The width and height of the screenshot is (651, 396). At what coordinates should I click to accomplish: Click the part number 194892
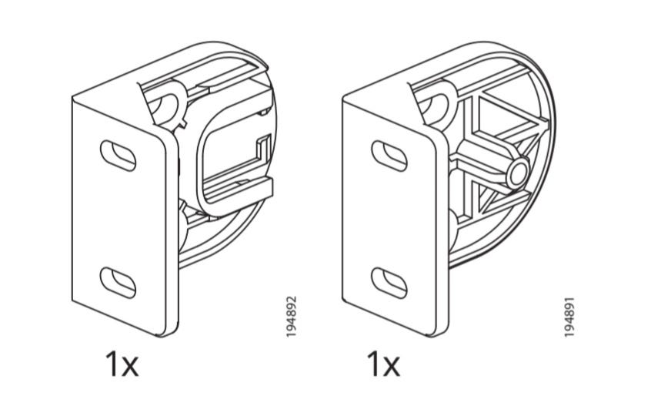tap(292, 317)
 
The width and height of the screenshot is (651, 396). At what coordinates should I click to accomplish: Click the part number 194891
tap(569, 317)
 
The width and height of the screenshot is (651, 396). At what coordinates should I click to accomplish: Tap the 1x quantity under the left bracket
tap(122, 364)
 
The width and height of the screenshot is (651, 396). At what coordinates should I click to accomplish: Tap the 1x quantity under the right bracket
tap(383, 364)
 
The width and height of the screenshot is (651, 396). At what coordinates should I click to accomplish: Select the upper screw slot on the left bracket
tap(118, 156)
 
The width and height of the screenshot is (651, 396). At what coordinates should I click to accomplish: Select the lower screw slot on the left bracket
tap(118, 283)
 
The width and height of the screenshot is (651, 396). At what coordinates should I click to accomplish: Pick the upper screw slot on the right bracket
tap(389, 156)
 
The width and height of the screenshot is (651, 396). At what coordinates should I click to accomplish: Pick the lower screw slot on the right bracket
tap(389, 283)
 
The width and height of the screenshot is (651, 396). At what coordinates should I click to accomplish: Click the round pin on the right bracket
tap(518, 173)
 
